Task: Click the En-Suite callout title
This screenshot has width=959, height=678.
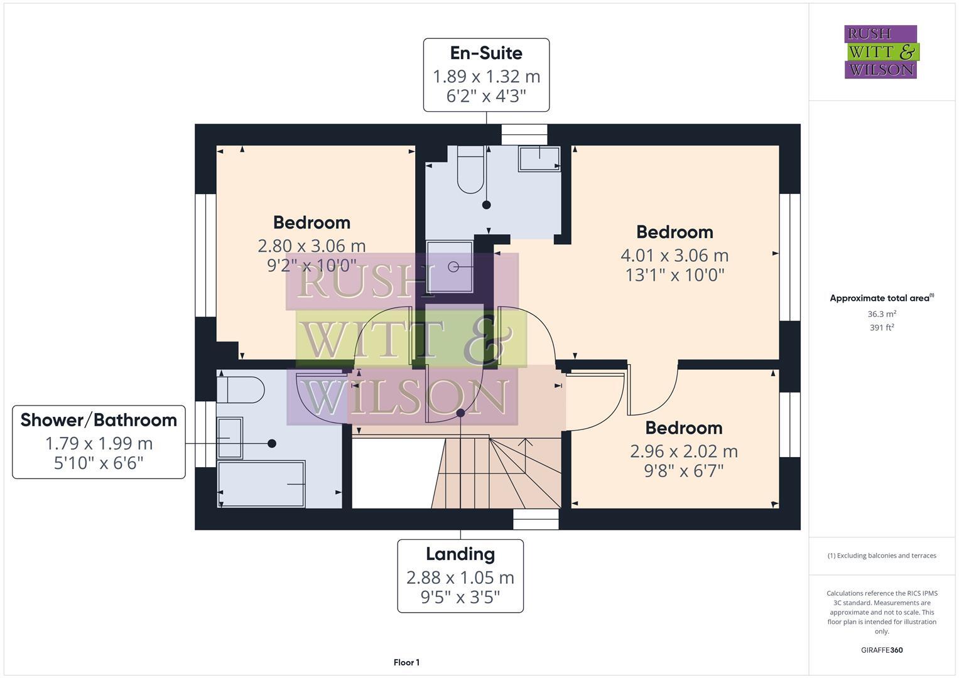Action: [x=486, y=53]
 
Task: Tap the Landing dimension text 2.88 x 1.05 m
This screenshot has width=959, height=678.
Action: [x=460, y=578]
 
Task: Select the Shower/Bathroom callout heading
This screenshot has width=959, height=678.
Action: [x=99, y=420]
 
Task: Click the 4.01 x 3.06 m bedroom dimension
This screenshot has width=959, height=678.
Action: [x=675, y=256]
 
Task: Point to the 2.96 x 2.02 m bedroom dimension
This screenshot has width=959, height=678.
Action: [x=683, y=451]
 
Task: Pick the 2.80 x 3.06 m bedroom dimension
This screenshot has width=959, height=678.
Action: [x=312, y=245]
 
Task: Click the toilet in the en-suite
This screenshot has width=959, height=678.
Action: [x=470, y=169]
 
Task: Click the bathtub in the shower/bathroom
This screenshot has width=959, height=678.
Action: [x=261, y=484]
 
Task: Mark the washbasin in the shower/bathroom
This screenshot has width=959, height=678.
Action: [x=229, y=438]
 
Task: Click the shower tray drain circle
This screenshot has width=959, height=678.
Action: [x=453, y=267]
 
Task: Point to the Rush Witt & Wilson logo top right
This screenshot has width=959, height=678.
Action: [x=880, y=52]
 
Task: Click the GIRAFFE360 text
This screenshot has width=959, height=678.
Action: [x=881, y=650]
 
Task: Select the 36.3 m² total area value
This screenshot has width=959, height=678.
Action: [x=881, y=314]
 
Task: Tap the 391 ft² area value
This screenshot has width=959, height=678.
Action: [x=881, y=328]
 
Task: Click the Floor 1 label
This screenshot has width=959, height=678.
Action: [x=406, y=662]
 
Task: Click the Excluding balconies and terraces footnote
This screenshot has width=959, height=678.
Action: [x=881, y=556]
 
